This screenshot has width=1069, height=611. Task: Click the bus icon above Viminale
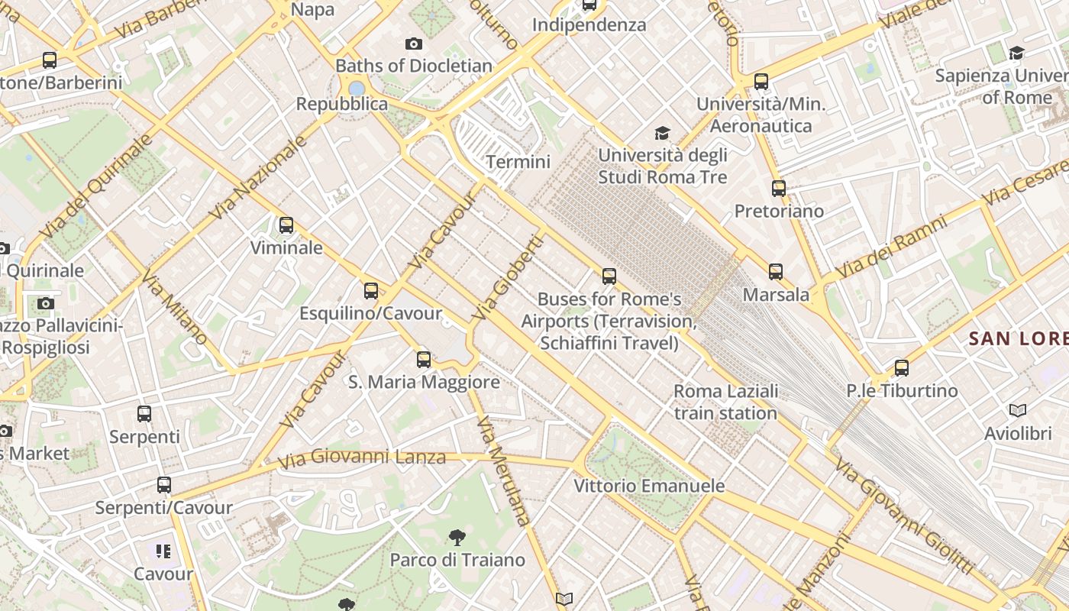(x=286, y=225)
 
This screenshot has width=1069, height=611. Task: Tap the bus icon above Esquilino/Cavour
(x=371, y=291)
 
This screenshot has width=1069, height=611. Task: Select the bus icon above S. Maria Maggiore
(x=424, y=359)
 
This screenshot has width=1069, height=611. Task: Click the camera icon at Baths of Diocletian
(x=414, y=44)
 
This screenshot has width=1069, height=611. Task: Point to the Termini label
(x=518, y=162)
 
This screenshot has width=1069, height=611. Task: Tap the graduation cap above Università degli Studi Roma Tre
(x=662, y=133)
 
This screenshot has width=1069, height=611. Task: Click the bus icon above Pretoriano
(x=779, y=188)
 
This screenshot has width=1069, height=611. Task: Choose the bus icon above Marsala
(x=776, y=272)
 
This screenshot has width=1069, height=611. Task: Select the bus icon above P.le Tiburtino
(x=902, y=368)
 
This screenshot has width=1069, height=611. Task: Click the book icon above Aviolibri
(x=1018, y=411)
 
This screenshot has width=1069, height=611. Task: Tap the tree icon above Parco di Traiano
(x=457, y=537)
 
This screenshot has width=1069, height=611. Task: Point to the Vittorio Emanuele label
(x=649, y=486)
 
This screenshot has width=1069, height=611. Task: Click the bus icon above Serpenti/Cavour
(x=164, y=485)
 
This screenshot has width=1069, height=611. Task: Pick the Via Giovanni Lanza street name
(x=361, y=458)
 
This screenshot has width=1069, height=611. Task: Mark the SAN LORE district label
(x=1019, y=338)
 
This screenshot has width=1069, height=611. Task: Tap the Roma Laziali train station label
(x=725, y=402)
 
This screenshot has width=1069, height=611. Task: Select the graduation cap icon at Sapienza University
(x=1016, y=53)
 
